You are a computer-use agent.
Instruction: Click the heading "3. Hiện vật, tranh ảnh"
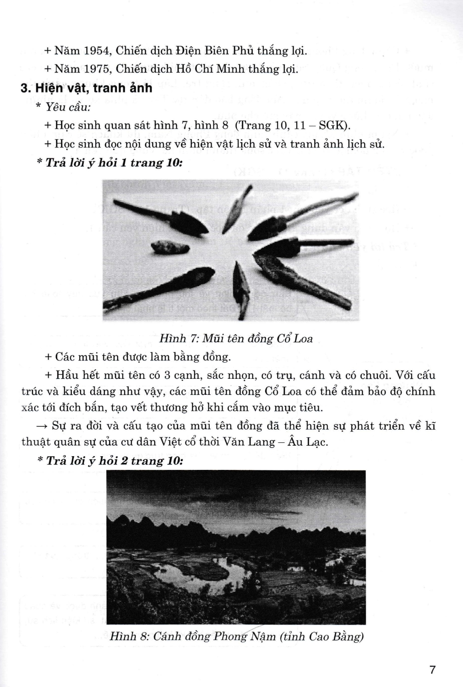point(87,87)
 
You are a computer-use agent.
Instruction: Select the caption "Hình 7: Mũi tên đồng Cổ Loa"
point(236,338)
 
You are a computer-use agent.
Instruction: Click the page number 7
point(432,670)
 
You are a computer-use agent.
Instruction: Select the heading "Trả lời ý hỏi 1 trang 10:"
point(109,163)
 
